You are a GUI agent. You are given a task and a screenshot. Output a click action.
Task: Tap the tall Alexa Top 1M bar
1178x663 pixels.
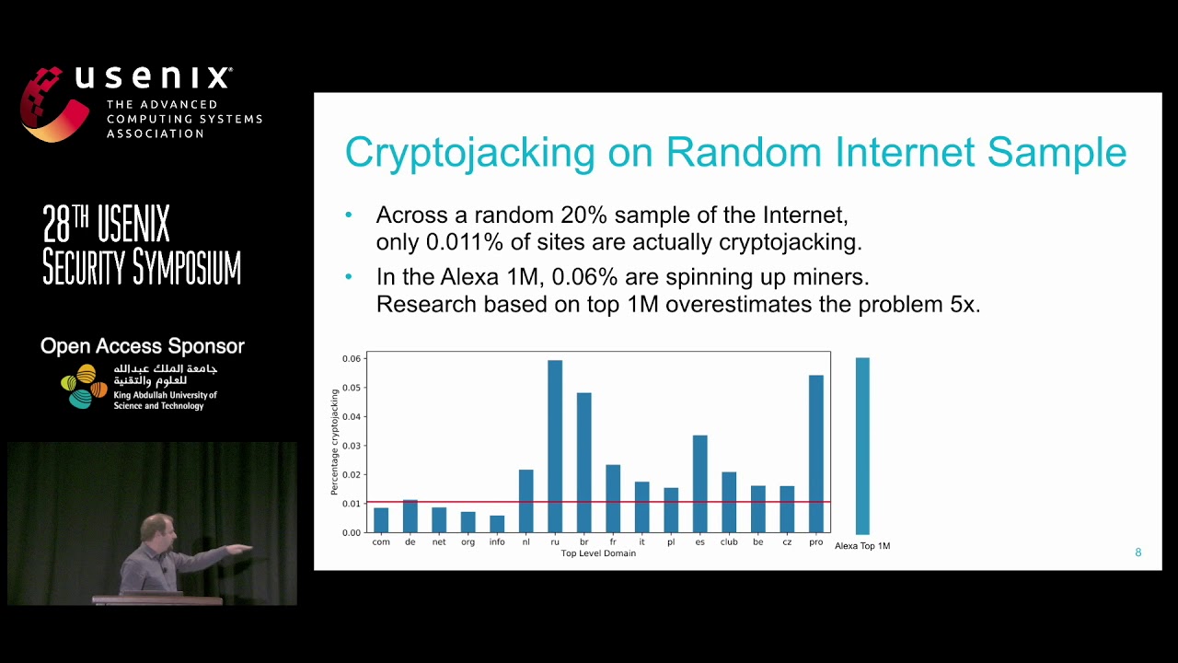(x=862, y=446)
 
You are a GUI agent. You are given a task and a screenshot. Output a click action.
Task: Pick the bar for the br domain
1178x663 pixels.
(x=583, y=462)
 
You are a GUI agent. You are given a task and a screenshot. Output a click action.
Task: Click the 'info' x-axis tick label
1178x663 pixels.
(x=497, y=542)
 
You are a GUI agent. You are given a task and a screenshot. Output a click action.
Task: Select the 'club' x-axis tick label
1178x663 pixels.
(x=729, y=542)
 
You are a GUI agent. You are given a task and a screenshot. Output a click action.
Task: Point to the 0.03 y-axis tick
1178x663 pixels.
(x=352, y=446)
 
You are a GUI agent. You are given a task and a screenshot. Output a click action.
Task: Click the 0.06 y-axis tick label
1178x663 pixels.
(x=352, y=358)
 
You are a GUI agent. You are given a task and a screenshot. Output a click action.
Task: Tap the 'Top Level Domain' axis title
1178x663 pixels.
(x=598, y=553)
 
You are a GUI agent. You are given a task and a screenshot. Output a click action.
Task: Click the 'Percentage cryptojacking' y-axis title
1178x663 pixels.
(x=335, y=442)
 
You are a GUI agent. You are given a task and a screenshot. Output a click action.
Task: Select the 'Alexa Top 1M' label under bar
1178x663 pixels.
(x=862, y=546)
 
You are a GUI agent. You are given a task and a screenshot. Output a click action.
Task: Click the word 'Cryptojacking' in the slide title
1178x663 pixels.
(x=469, y=152)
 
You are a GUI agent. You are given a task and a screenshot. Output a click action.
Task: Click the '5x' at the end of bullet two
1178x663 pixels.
(x=963, y=305)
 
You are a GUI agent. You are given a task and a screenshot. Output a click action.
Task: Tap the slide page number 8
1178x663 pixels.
(x=1138, y=552)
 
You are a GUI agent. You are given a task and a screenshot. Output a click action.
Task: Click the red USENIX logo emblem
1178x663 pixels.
(x=53, y=103)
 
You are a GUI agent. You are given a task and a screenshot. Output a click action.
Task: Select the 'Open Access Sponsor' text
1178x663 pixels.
(x=143, y=346)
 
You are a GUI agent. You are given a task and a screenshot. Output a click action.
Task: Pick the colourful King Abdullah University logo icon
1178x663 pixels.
(x=84, y=387)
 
